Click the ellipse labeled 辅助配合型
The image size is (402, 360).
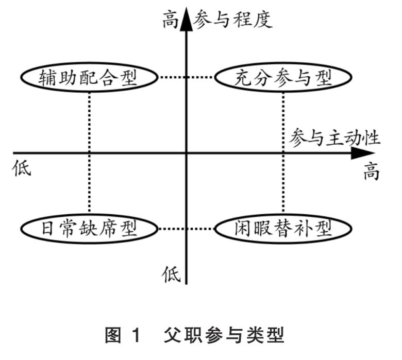coord(89,78)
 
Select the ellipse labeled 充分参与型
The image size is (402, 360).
coord(282,78)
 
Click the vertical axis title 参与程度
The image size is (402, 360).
coord(233,20)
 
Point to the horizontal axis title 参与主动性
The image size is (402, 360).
coord(335,138)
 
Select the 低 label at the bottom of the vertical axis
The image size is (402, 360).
coord(172,273)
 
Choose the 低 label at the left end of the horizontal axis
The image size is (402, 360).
coord(22,168)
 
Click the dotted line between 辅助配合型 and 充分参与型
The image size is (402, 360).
coord(186,78)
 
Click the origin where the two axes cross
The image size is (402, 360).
coord(186,152)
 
